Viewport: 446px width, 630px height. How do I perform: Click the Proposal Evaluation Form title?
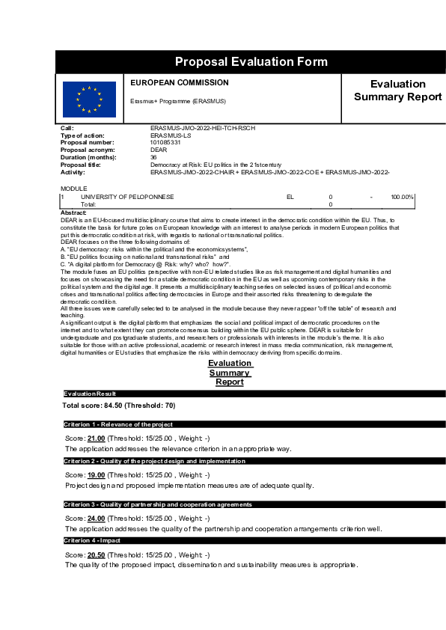251,61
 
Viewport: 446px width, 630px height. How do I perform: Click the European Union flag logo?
89,99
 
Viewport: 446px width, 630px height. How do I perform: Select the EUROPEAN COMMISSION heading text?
180,83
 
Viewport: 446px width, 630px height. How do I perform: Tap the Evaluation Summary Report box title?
397,91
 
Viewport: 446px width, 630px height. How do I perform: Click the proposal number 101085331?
165,142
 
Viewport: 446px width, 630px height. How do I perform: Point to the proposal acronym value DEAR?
158,150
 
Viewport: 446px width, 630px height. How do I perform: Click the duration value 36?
153,157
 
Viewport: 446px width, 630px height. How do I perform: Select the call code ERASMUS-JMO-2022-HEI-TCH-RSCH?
202,128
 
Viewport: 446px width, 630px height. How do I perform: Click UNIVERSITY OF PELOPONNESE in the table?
127,197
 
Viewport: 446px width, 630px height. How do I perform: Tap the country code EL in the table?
290,197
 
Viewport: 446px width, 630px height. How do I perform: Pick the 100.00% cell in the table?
402,197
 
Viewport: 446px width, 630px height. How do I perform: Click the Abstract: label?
73,213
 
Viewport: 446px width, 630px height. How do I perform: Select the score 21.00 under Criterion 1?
96,438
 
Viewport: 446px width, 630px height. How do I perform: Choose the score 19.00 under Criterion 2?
96,474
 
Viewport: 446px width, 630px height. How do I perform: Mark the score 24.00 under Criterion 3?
96,518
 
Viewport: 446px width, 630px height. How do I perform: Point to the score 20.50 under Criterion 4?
96,554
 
